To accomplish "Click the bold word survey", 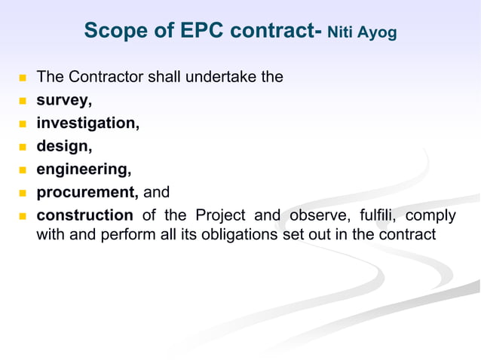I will click(x=64, y=99).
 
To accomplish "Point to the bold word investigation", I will click(x=87, y=123).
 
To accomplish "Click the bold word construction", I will click(x=84, y=216).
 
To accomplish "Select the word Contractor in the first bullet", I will click(x=104, y=77).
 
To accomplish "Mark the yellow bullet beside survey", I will click(x=22, y=101).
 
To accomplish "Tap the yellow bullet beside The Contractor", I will click(x=22, y=78).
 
